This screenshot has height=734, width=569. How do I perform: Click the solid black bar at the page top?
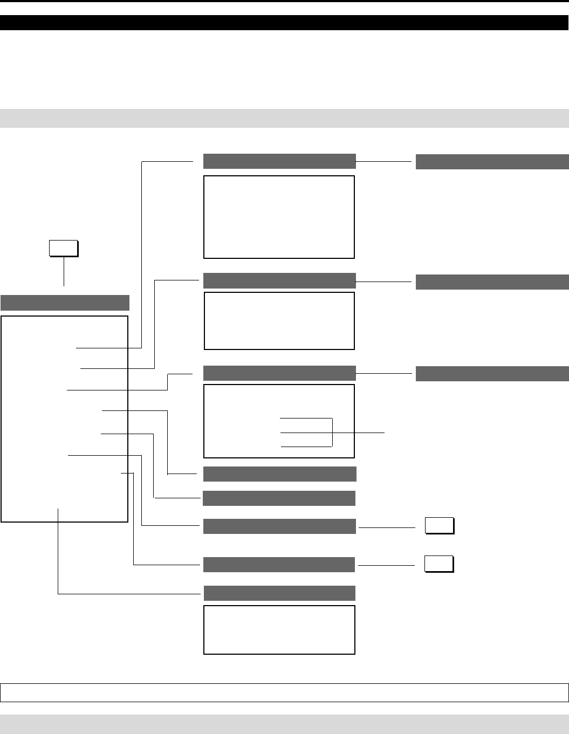[284, 22]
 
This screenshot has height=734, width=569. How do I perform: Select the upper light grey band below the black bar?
[284, 118]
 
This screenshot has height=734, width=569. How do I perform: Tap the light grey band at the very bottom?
[284, 724]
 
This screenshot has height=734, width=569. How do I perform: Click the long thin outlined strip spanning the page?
[284, 692]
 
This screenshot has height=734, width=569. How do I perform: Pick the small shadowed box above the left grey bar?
[64, 248]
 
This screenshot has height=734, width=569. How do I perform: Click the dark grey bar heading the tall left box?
[65, 303]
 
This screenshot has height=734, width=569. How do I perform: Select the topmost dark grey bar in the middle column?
[279, 161]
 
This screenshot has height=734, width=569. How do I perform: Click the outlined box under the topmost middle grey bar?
[279, 217]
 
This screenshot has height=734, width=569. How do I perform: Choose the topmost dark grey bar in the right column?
[492, 162]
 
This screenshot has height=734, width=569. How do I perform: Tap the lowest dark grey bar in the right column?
[492, 373]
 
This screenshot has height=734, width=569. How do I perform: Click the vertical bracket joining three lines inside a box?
[332, 432]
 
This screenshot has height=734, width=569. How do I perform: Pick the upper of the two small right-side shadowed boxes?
[439, 525]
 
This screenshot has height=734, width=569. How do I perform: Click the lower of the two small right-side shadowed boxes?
[438, 564]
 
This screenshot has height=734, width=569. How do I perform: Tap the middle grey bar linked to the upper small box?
[279, 526]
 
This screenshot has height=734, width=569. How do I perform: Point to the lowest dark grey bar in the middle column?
[279, 593]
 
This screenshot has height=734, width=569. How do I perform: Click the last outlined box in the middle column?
[279, 630]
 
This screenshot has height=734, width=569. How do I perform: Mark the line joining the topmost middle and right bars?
[386, 161]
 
